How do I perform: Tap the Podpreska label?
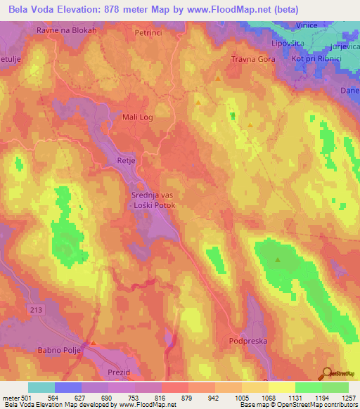click(247, 341)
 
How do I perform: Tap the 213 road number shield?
click(36, 309)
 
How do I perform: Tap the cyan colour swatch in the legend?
click(41, 387)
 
